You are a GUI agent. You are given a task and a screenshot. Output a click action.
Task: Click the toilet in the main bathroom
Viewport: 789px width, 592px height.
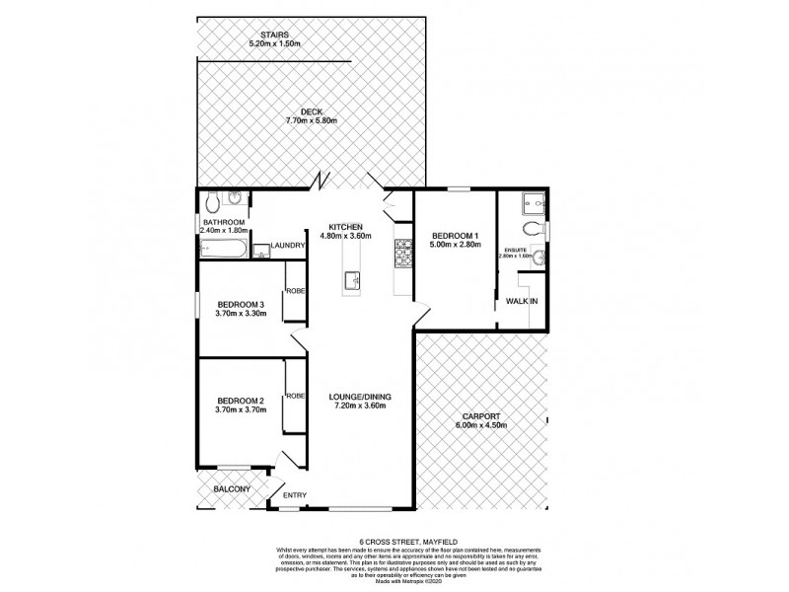[214, 202]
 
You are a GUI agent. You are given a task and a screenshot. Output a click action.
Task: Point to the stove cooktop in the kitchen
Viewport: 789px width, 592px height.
[402, 254]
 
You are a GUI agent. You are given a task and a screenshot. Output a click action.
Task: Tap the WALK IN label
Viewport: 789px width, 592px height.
[521, 301]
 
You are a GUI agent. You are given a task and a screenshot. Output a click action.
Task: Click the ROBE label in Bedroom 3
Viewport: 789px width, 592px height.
[295, 291]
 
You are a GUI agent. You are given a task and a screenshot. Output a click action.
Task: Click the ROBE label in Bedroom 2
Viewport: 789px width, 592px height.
[295, 396]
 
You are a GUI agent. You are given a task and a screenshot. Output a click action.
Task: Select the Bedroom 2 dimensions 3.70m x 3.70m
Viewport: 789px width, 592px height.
[241, 409]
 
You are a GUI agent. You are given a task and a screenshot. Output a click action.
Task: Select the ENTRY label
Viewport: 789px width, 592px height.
[295, 495]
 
